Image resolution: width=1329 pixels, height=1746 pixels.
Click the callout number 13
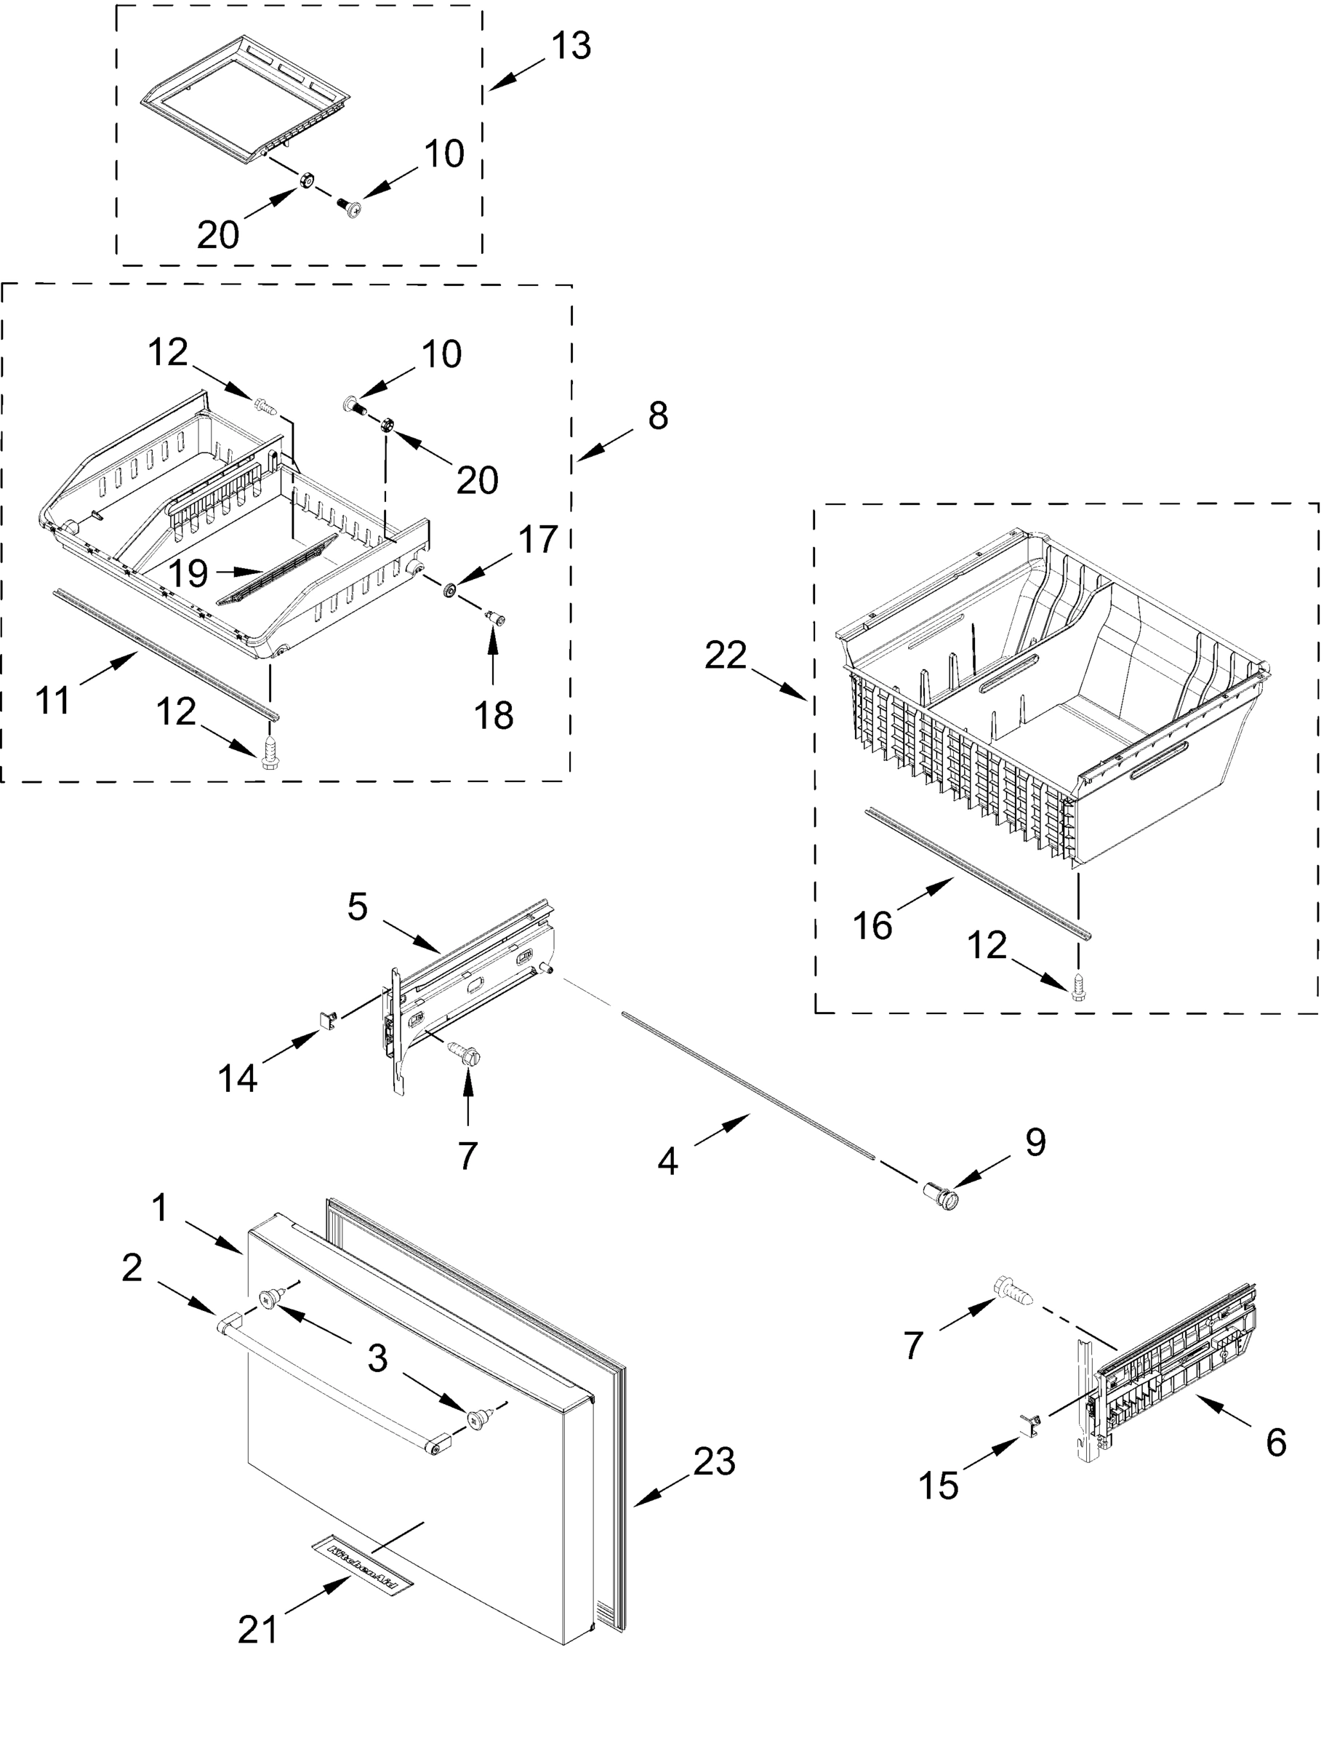[571, 46]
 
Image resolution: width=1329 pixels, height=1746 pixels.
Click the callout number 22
[726, 655]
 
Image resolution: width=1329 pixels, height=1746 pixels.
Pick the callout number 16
[872, 925]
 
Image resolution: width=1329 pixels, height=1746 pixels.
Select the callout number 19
[188, 573]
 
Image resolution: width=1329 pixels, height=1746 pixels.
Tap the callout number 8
[657, 415]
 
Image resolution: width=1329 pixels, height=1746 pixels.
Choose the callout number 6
[1275, 1442]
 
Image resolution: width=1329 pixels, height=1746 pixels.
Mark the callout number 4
[667, 1162]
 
